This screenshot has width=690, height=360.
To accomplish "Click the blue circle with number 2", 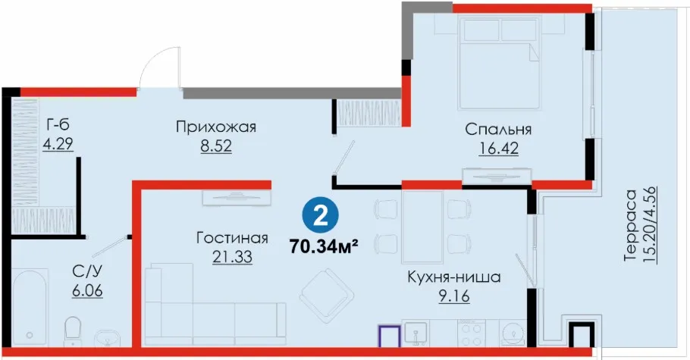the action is point(320,216).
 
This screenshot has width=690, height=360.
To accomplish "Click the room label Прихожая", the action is point(216,127).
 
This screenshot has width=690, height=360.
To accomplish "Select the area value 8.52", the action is point(216,146).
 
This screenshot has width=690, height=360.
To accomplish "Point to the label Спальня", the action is point(498,130).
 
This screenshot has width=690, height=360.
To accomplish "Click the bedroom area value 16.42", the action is point(498,148).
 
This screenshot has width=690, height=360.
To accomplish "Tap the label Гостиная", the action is point(232,238).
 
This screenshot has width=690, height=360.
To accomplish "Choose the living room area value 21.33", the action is point(232,257).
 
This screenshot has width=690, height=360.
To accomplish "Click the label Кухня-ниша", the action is point(453,277).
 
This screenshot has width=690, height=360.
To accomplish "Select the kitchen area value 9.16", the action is point(453,296).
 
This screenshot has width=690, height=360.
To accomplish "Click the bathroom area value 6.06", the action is point(87,290).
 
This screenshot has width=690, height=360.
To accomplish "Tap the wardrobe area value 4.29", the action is point(58,144).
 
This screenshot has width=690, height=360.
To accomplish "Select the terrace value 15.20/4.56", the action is point(650,225).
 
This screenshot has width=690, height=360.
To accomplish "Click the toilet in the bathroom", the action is point(72,331).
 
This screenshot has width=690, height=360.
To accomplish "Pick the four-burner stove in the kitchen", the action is point(472,333).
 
